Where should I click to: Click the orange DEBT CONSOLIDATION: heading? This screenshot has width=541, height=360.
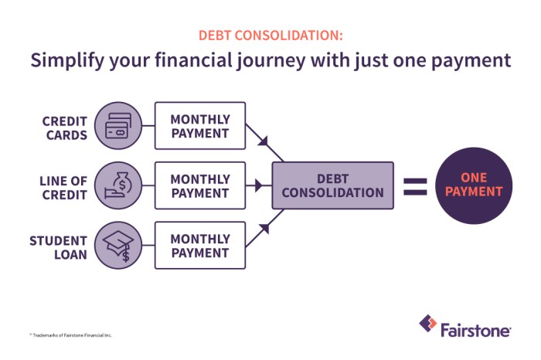270,36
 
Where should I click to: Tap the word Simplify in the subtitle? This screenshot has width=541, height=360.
66,61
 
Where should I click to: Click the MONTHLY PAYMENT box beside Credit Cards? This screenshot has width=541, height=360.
200,126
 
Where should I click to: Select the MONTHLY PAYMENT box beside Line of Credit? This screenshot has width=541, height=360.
200,185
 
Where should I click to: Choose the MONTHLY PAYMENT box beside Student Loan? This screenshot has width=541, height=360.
200,246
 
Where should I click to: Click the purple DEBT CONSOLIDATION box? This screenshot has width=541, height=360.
332,185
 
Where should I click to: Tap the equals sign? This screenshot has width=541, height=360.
414,185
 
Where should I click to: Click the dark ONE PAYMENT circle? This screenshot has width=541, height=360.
473,185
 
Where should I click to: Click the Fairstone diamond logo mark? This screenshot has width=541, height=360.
427,324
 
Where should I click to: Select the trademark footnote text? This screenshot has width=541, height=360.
71,335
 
